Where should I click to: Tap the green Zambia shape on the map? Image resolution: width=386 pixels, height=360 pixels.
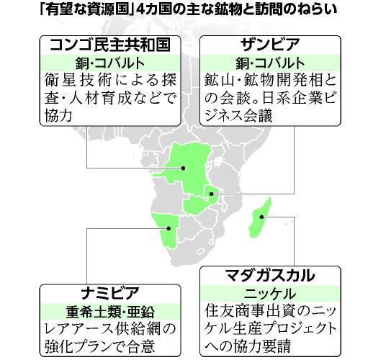[x=202, y=198]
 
